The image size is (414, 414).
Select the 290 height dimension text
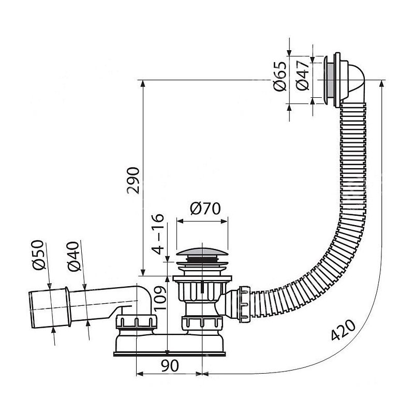pos(134,180)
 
